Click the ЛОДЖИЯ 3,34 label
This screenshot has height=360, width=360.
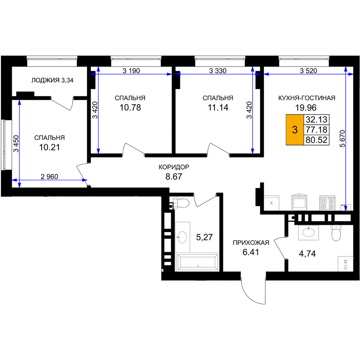point(52,80)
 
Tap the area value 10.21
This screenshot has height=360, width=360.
point(49,147)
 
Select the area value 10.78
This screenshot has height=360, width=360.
point(130,107)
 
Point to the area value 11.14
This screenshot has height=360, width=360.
point(218,107)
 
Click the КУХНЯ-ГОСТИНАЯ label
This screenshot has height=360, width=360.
point(307,98)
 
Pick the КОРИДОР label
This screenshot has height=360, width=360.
point(174,167)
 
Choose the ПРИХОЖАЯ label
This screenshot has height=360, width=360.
point(251,243)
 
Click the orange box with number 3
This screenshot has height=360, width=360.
point(295,130)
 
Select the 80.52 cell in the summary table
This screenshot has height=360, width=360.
point(316,140)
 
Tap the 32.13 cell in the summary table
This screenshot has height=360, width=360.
point(316,120)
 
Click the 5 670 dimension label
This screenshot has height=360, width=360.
point(342,139)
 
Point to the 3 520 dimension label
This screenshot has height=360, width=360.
point(309,71)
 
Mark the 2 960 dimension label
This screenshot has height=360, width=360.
point(49,176)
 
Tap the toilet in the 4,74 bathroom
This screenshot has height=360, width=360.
point(336,233)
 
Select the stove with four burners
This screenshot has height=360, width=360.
point(327,203)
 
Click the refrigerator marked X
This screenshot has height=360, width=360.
point(271,203)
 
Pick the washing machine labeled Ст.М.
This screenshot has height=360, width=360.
point(346,264)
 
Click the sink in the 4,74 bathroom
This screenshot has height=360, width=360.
point(309,232)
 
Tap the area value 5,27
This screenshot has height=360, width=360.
point(204,237)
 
